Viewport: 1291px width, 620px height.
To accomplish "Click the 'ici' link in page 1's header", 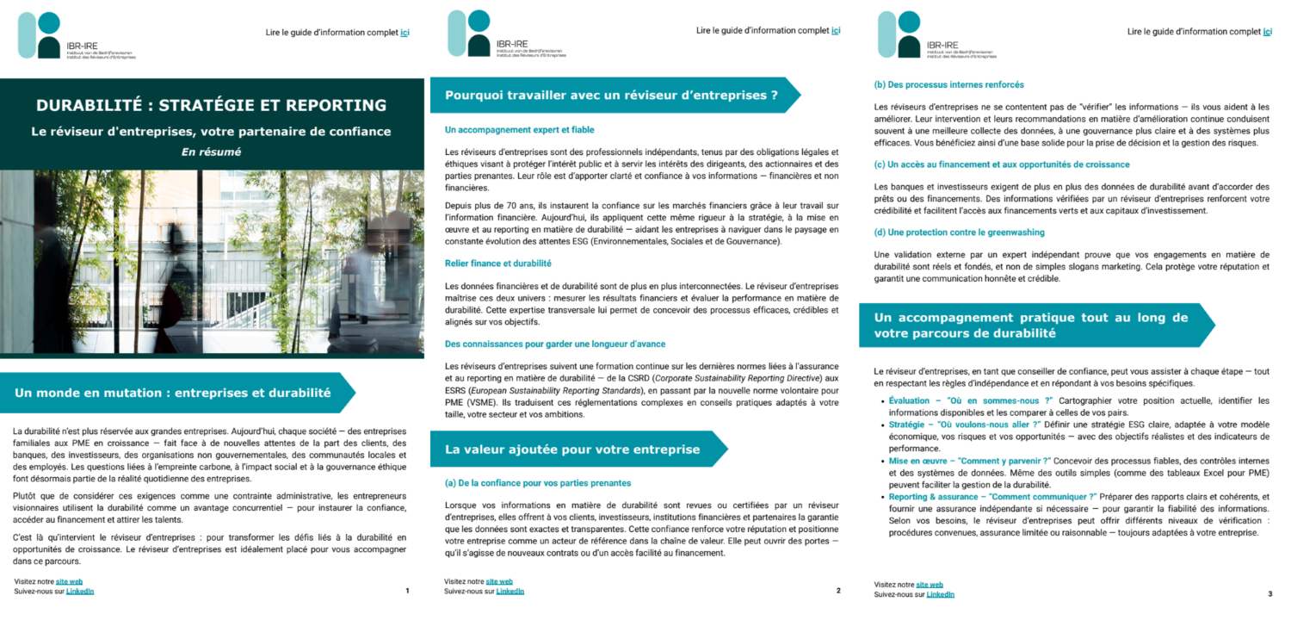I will pyautogui.click(x=405, y=32).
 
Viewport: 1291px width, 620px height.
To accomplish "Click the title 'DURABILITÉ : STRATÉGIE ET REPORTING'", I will pyautogui.click(x=211, y=106).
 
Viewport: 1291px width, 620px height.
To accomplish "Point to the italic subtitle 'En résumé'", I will pyautogui.click(x=211, y=152).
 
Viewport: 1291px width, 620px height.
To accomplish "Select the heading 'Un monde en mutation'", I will pyautogui.click(x=172, y=393).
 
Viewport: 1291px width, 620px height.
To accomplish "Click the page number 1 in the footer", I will pyautogui.click(x=407, y=591).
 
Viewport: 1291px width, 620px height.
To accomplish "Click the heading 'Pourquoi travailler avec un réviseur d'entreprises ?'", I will pyautogui.click(x=611, y=95).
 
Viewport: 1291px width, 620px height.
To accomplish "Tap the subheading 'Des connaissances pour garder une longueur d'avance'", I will pyautogui.click(x=554, y=344).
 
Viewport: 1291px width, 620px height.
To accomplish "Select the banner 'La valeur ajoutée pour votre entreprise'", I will pyautogui.click(x=571, y=449).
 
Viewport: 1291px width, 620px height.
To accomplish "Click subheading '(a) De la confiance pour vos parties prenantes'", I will pyautogui.click(x=538, y=482).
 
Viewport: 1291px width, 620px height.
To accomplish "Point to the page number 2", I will pyautogui.click(x=837, y=591).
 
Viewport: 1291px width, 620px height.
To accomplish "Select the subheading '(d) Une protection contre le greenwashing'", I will pyautogui.click(x=959, y=232).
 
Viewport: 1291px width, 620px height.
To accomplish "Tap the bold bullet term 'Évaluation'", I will pyautogui.click(x=909, y=400).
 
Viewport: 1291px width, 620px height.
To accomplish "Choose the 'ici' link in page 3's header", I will pyautogui.click(x=1267, y=32).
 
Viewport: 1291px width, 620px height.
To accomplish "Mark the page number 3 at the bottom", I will pyautogui.click(x=1269, y=593).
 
